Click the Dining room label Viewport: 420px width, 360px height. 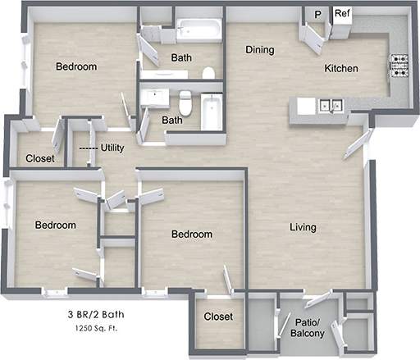pyautogui.click(x=259, y=50)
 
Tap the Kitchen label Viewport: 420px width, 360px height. pyautogui.click(x=340, y=69)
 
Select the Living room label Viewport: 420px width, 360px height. pyautogui.click(x=303, y=227)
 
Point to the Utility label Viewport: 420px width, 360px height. pyautogui.click(x=112, y=148)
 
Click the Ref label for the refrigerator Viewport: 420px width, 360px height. pyautogui.click(x=341, y=14)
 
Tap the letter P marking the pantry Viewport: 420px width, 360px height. pyautogui.click(x=317, y=15)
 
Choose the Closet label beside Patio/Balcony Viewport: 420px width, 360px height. pyautogui.click(x=218, y=317)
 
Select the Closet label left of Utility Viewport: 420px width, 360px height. pyautogui.click(x=40, y=158)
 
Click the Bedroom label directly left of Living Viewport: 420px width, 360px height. pyautogui.click(x=191, y=235)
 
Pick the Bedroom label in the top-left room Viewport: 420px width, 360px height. pyautogui.click(x=76, y=66)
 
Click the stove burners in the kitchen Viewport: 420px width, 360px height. pyautogui.click(x=399, y=66)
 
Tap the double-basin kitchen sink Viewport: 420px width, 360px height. pyautogui.click(x=331, y=105)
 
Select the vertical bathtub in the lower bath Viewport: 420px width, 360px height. pyautogui.click(x=212, y=113)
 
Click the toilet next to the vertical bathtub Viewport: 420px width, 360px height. pyautogui.click(x=186, y=103)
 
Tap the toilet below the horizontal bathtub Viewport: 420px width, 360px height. pyautogui.click(x=208, y=74)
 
